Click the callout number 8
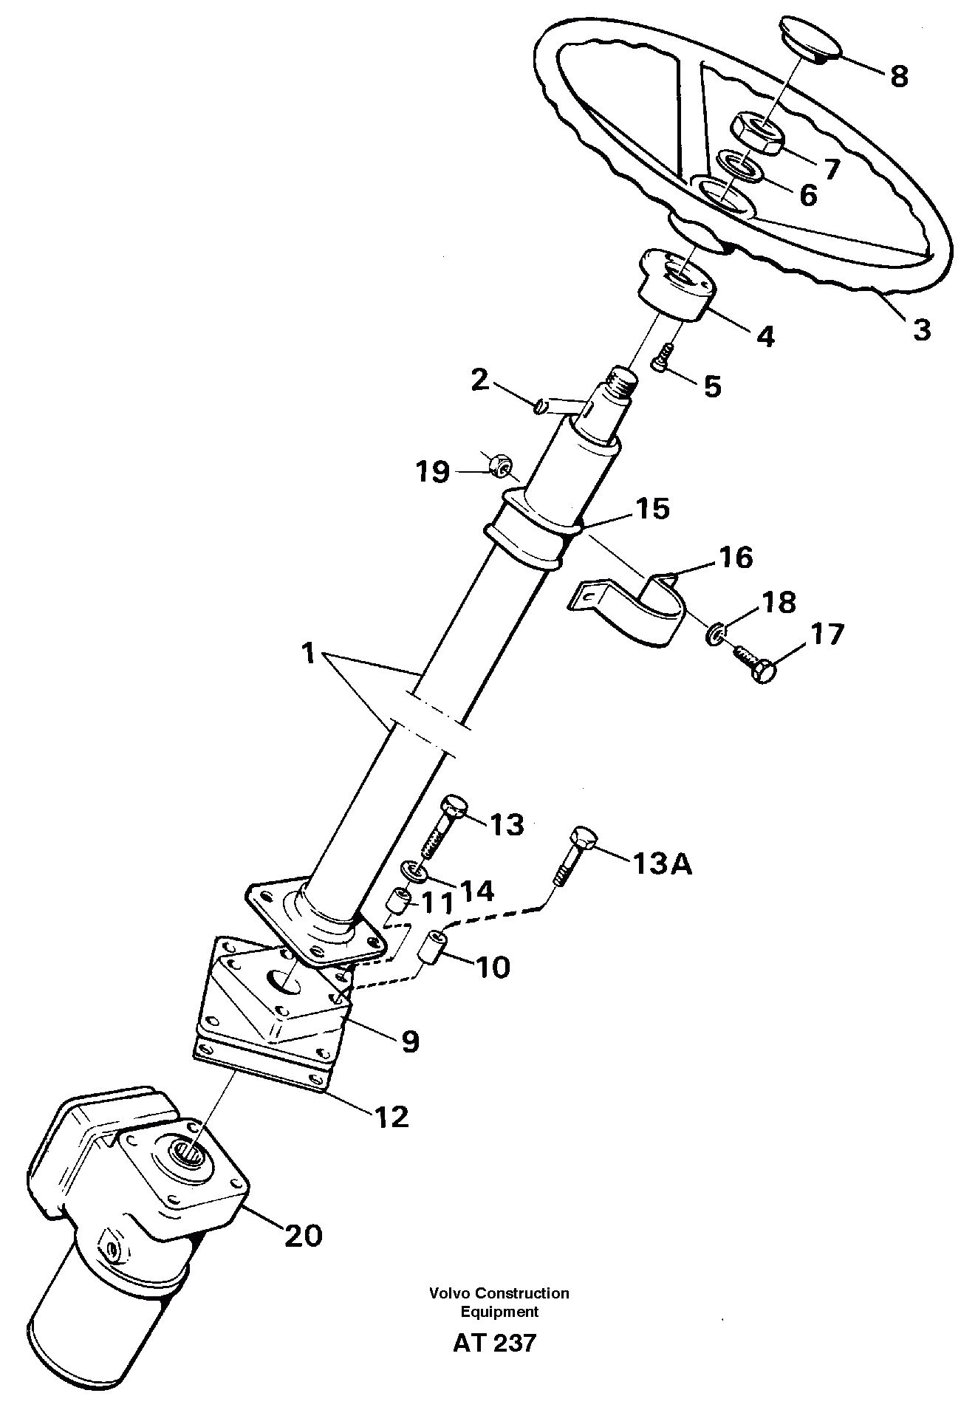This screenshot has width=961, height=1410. pos(898,76)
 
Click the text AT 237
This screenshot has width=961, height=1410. pos(494,1342)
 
